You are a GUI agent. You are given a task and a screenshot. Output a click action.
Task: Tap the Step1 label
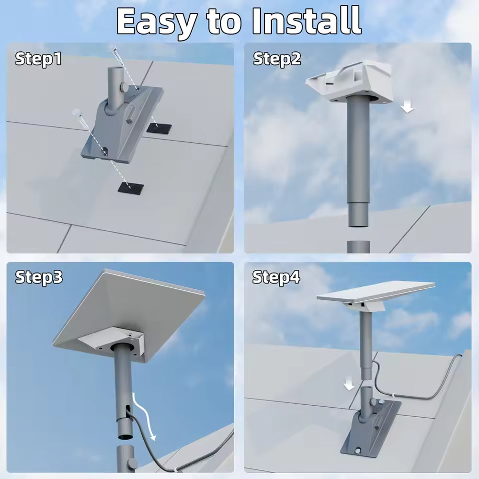point(38,59)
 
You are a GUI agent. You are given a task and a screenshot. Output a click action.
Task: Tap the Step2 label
point(277,59)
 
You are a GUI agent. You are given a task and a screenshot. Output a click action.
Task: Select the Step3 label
point(39,277)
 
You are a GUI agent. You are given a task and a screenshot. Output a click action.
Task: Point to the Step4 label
point(276,277)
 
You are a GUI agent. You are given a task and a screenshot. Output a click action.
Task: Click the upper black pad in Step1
point(159,128)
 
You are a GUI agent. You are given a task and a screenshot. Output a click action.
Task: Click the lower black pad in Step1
point(131,187)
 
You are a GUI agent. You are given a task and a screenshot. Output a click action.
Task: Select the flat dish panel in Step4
point(376,292)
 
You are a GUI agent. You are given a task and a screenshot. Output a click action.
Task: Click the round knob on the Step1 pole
point(125,87)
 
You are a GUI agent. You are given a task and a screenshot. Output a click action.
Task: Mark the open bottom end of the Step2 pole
point(358,226)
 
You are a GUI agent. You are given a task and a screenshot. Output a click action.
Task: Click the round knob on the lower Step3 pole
point(133,463)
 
